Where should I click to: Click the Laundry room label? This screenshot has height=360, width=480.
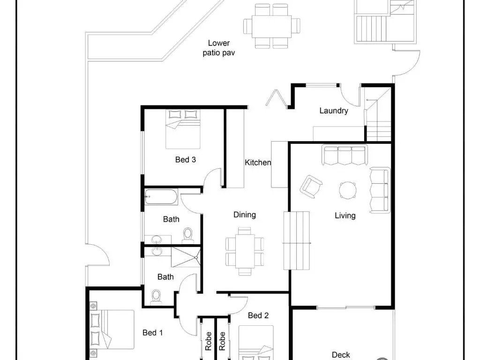pos(334,111)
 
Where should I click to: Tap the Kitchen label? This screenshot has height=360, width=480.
pos(258,162)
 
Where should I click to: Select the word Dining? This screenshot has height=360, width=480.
pos(245,215)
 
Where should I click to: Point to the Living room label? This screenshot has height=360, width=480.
pos(345,216)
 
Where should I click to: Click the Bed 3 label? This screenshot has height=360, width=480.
pos(186,159)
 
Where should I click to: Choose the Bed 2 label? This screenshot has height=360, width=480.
pos(258,315)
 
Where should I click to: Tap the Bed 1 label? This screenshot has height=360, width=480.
pos(153,332)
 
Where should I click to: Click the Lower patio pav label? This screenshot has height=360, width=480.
pos(219,48)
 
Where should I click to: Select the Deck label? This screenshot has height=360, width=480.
pos(341,355)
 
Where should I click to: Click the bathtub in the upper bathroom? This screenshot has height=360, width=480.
pos(161,197)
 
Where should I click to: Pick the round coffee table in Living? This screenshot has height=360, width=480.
pos(348,190)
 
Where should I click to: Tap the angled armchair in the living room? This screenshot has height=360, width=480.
pos(311,187)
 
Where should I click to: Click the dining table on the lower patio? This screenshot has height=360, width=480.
pos(271,26)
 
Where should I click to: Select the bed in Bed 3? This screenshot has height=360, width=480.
pos(183,129)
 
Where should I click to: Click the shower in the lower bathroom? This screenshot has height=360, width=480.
pos(186,257)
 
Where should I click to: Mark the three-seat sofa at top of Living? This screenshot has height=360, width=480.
pos(345,155)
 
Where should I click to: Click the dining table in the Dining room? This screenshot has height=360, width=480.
pos(245,251)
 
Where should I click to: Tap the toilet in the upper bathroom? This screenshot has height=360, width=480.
pos(187,235)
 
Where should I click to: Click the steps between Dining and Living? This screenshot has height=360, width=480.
pos(296,240)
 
